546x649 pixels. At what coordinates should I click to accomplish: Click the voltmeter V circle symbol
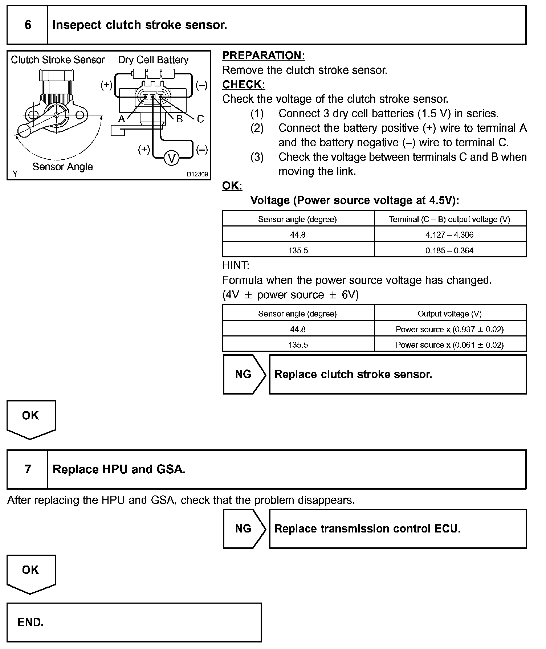(172, 158)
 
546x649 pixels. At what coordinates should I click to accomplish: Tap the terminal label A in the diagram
(122, 119)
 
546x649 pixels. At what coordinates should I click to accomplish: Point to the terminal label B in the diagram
(179, 119)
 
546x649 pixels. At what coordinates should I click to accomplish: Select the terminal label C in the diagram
(200, 119)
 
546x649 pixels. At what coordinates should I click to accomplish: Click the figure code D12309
(197, 174)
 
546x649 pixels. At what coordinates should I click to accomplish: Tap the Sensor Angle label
(62, 167)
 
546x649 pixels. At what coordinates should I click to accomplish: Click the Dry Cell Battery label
(153, 60)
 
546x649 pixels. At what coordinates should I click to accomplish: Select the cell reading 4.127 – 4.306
(449, 235)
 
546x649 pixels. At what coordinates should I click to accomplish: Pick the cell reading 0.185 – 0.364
(449, 250)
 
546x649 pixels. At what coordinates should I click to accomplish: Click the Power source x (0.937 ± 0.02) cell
(449, 329)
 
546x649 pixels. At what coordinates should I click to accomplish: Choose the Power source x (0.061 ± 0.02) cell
(449, 345)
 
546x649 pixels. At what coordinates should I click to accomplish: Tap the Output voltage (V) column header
(449, 314)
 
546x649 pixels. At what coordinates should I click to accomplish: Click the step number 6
(28, 25)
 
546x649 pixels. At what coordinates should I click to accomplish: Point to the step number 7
(28, 469)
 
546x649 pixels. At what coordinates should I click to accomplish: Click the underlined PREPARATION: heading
(264, 56)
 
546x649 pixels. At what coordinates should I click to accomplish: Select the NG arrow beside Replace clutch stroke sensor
(244, 374)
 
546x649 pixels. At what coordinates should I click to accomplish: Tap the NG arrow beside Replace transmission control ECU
(244, 528)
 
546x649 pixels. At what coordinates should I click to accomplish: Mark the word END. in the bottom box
(31, 623)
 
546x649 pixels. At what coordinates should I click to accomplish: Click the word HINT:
(236, 266)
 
